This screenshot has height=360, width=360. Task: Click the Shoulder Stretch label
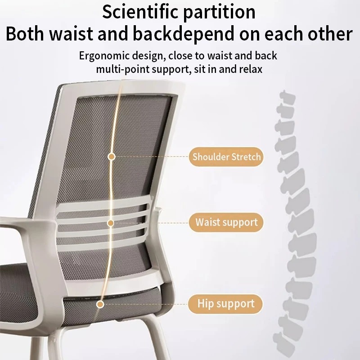click(x=226, y=157)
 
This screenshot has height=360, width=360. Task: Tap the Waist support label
click(x=226, y=222)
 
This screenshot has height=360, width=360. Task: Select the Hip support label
click(x=225, y=304)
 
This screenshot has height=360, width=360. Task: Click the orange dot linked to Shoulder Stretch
click(x=112, y=157)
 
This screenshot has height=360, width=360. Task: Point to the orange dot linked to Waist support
click(x=111, y=223)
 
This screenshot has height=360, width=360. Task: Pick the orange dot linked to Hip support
click(x=100, y=305)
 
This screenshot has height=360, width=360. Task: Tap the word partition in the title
click(x=219, y=13)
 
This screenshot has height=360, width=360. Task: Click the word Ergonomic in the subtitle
click(x=104, y=56)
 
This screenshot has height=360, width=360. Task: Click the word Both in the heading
click(x=25, y=34)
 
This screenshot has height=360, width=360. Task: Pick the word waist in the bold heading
click(x=71, y=34)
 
